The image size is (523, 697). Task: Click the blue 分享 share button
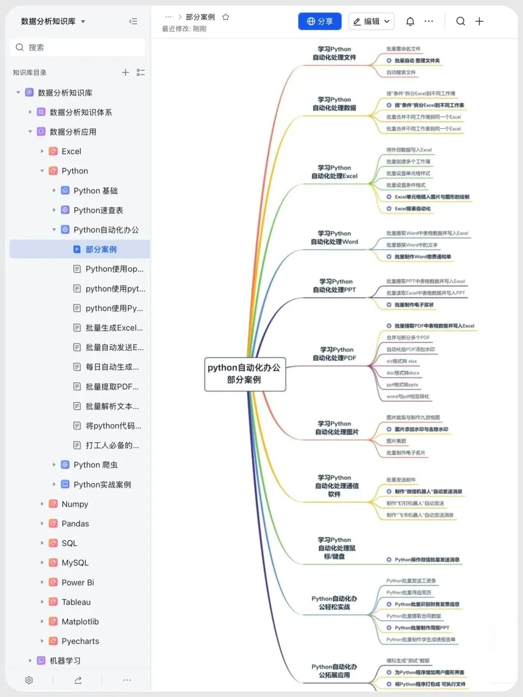320,21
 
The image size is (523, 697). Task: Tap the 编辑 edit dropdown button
371,21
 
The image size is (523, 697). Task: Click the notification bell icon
410,21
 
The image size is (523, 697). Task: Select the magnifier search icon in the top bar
461,21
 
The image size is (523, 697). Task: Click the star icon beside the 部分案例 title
226,17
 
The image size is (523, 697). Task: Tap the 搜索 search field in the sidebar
77,47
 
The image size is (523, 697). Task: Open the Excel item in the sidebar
71,152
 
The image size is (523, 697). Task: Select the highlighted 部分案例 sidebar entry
101,249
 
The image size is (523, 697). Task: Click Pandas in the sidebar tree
75,524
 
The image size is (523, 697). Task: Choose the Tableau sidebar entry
76,602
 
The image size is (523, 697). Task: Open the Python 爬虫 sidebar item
95,465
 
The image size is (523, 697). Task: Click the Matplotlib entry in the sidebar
80,621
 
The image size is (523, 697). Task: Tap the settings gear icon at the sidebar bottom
29,680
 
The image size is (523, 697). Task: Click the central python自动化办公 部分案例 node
245,374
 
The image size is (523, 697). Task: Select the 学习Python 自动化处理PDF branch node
335,354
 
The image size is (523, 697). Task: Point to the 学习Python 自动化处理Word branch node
335,238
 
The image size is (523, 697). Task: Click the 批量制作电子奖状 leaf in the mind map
414,305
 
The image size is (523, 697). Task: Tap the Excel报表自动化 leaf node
413,209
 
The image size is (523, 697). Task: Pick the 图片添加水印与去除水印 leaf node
421,429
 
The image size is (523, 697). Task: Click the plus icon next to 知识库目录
125,73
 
